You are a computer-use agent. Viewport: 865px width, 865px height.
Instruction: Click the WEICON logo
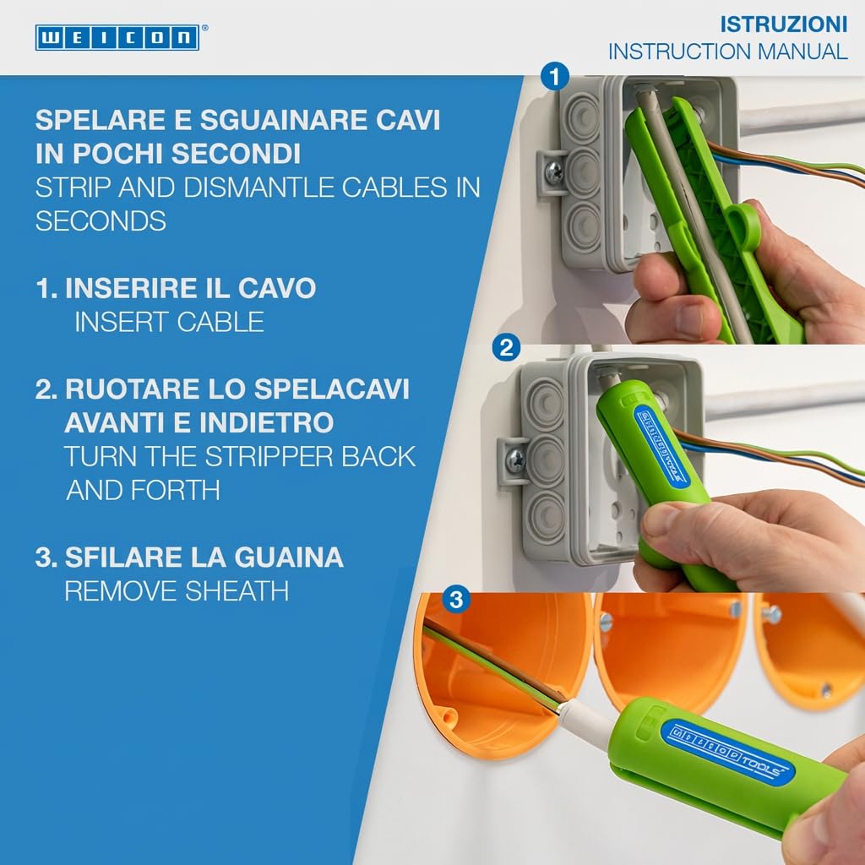tap(117, 37)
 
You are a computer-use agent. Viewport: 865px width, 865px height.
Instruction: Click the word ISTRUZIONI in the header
tap(783, 24)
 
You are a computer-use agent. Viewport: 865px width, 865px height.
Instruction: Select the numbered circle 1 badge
tap(555, 76)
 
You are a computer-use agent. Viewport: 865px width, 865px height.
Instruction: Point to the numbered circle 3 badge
tap(456, 599)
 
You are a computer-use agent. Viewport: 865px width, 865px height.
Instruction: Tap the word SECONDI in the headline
tap(237, 154)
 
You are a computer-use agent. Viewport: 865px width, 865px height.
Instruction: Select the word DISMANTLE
tap(259, 188)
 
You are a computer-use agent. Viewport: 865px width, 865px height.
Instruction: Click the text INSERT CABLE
tap(169, 322)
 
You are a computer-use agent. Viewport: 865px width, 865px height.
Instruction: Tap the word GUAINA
tap(289, 558)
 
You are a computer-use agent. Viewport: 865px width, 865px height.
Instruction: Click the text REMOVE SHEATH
tap(177, 591)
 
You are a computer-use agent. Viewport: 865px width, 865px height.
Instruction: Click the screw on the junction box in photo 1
tap(554, 172)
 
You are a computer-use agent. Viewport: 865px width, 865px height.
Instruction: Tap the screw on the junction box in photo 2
tap(515, 459)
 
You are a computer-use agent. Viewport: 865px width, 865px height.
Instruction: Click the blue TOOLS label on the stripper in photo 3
tap(727, 748)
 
